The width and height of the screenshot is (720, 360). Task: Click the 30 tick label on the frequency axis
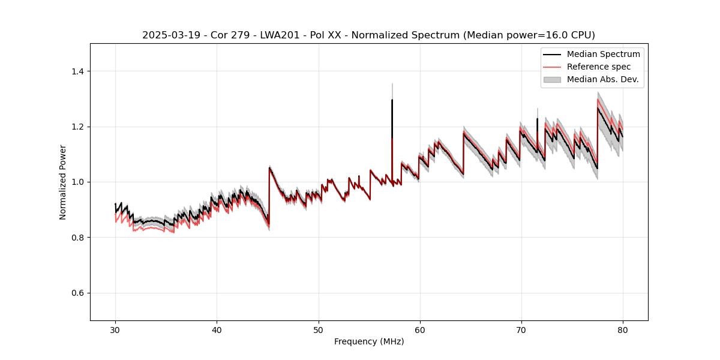pos(115,329)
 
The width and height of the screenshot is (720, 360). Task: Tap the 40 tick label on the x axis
pos(217,329)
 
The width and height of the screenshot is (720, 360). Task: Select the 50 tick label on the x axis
pos(319,329)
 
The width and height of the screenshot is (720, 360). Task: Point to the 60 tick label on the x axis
pos(420,329)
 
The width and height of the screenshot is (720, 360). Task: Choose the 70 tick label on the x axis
pos(521,329)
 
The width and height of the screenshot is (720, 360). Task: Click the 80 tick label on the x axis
pos(623,329)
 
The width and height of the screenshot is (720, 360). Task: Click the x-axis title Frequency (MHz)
pos(369,341)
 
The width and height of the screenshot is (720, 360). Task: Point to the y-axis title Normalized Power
pos(63,182)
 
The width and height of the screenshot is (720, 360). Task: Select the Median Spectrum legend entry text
pos(603,54)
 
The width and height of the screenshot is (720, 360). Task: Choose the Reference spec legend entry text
pos(599,67)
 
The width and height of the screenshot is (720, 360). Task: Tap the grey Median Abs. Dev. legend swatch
pos(552,79)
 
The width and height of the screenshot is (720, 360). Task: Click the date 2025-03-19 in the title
pos(168,35)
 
